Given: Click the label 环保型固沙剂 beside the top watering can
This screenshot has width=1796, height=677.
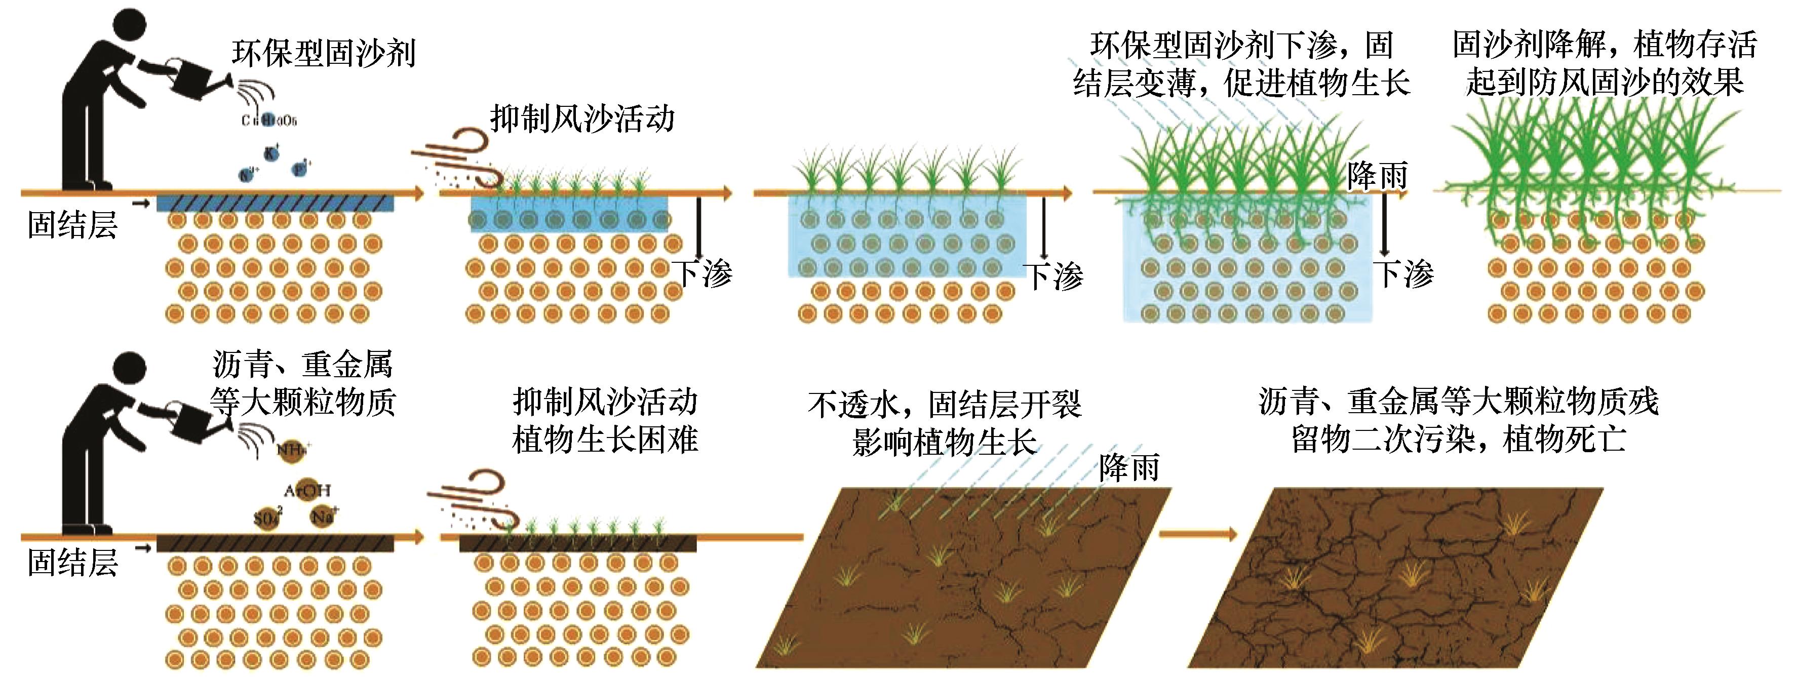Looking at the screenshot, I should pos(324,54).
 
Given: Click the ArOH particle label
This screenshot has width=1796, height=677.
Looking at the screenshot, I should pos(307,490).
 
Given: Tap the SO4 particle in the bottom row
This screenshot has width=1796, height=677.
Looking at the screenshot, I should pos(268,519).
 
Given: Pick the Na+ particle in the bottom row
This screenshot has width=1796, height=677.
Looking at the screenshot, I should pos(322,516).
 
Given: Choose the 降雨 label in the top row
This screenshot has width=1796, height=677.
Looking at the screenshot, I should pos(1377,175).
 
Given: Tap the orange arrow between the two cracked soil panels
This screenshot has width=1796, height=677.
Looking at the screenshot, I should pos(1197,535).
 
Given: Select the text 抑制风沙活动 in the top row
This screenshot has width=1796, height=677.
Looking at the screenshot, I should pos(582,119).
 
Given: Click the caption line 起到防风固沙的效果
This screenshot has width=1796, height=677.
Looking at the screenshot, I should pos(1604,82).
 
